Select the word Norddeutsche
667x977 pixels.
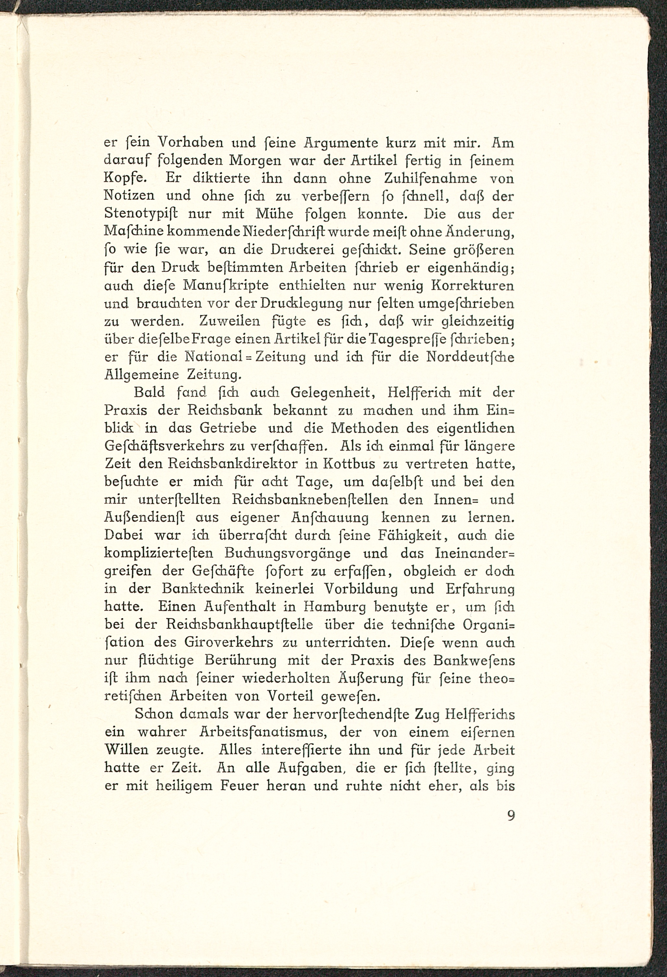[470, 357]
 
